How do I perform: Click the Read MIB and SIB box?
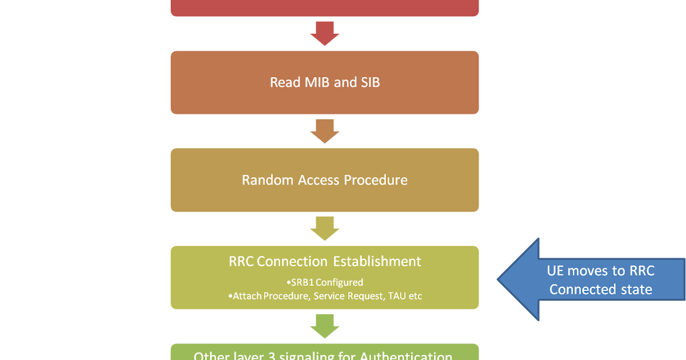click(x=324, y=82)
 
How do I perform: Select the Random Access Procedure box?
click(x=324, y=180)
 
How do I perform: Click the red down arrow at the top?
click(x=324, y=34)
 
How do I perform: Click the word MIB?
click(x=315, y=82)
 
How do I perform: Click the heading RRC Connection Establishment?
click(x=324, y=262)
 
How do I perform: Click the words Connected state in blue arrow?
click(x=600, y=290)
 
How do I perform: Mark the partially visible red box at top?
click(x=324, y=7)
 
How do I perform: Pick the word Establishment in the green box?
click(x=377, y=262)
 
